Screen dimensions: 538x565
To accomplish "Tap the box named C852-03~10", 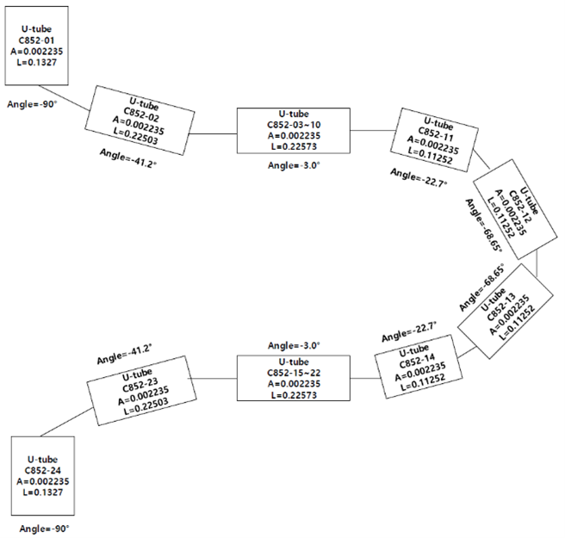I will [x=294, y=132].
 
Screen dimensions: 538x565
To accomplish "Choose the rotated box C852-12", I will [x=518, y=212].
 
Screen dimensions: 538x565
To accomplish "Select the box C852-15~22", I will [x=294, y=379].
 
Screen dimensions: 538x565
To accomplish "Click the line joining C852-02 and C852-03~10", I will [x=213, y=133].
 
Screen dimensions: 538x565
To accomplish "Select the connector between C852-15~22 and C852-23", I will [x=213, y=379].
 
